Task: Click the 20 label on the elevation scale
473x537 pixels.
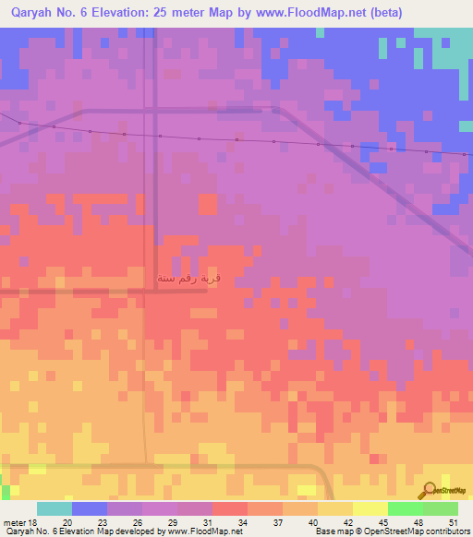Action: click(67, 521)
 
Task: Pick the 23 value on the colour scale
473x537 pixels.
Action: click(102, 521)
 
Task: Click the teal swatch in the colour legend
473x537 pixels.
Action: click(55, 508)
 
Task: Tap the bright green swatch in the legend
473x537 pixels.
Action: click(406, 508)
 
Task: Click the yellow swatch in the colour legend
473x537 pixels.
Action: click(335, 508)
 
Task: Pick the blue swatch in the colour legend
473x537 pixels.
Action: click(90, 508)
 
